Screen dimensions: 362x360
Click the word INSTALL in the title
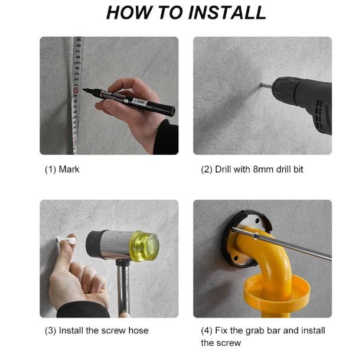point(227,12)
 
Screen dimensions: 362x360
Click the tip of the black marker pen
point(84,89)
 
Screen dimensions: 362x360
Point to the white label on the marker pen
point(139,102)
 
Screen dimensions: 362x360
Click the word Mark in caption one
point(69,170)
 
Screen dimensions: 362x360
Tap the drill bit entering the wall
point(266,85)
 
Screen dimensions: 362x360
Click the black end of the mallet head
point(94,244)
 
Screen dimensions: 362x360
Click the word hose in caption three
point(138,330)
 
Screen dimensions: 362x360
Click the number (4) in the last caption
point(207,330)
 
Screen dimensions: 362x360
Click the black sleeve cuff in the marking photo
point(166,138)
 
